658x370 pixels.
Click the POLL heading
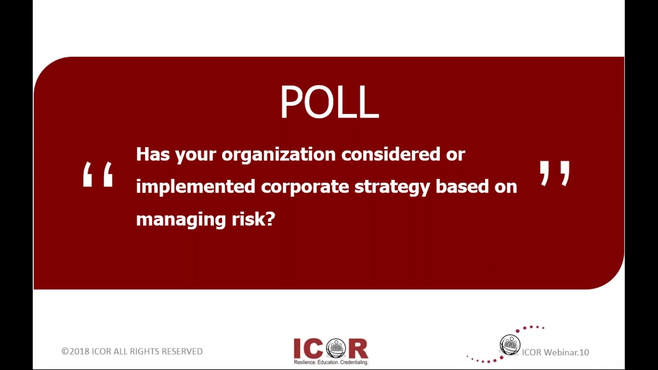[329, 102]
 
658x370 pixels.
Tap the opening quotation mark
[98, 175]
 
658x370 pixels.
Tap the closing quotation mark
[555, 173]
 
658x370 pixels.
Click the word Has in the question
[153, 154]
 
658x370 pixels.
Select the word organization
[278, 154]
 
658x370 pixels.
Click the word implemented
[195, 187]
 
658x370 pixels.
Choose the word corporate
[305, 187]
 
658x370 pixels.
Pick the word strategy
[392, 187]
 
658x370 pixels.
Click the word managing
[180, 219]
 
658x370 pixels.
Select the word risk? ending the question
[253, 219]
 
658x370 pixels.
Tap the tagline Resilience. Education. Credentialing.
[331, 362]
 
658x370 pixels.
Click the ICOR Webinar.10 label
[555, 353]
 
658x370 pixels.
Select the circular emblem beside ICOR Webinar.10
[510, 345]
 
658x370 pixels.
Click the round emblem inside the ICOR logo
[336, 348]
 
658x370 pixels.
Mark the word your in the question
[195, 155]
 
